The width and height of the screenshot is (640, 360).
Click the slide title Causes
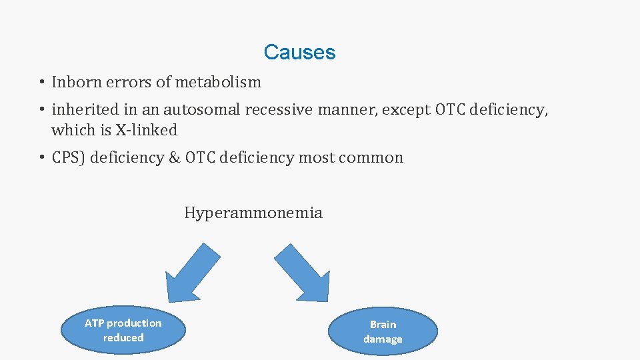coord(299,52)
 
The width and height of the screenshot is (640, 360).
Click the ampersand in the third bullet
coord(175,158)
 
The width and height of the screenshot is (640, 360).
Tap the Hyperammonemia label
coord(253,213)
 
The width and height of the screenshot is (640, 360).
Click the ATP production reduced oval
coord(123,331)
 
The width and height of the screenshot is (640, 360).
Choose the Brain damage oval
coord(383,331)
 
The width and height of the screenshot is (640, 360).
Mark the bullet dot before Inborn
coord(41,83)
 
